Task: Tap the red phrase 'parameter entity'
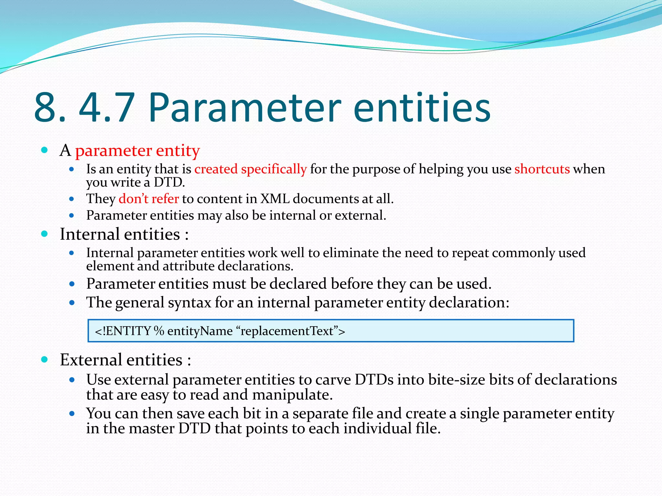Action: [x=137, y=150]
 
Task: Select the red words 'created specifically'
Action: [x=251, y=169]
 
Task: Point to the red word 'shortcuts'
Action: [x=542, y=169]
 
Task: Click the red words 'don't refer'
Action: [x=148, y=199]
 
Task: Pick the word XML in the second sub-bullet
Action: [x=275, y=199]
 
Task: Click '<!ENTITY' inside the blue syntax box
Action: [x=123, y=331]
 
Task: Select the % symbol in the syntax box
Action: [x=159, y=331]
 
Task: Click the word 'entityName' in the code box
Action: [x=200, y=331]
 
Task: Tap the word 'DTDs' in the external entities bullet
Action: [x=374, y=380]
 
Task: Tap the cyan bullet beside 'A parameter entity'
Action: [x=45, y=150]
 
